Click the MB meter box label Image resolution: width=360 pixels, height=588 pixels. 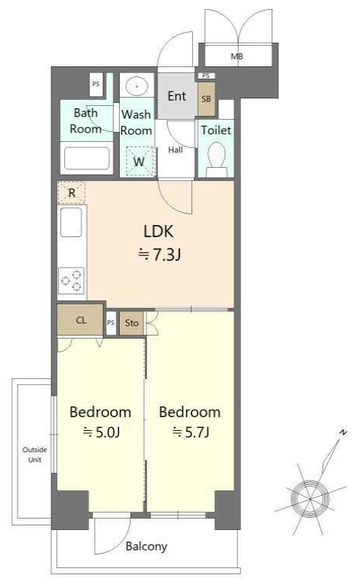pos(236,56)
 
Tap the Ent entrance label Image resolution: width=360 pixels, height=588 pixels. pos(177,96)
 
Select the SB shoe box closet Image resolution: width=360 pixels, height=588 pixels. pos(206,99)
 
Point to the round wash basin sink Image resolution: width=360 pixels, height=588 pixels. pos(137,86)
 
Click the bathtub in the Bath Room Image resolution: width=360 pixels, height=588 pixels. pos(87,159)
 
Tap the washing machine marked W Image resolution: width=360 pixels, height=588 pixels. pos(139,161)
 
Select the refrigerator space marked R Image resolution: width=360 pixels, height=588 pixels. pos(72,193)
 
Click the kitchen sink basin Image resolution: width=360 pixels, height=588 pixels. pos(71,222)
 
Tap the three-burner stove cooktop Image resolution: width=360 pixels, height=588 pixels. pos(71,281)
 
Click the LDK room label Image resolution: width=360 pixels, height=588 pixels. pos(159,232)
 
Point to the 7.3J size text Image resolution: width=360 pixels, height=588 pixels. pos(159,255)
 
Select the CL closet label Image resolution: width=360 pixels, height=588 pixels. pos(81,320)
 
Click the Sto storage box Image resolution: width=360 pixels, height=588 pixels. pos(132,323)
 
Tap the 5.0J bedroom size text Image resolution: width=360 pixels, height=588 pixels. pos(101,432)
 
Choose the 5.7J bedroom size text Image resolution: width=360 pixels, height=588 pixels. pos(191,432)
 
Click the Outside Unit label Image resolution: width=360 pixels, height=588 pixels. pos(34,455)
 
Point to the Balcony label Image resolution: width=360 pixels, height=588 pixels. pos(146,546)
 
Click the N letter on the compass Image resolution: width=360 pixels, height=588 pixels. pos(342,432)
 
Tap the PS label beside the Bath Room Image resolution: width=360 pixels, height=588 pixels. pos(96,84)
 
